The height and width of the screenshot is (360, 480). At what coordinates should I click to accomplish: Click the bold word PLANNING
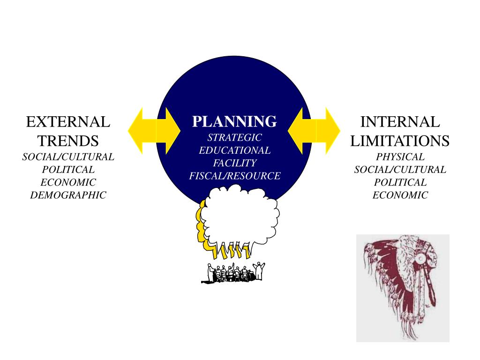(234, 122)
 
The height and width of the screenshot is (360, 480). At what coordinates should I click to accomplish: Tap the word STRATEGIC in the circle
(234, 138)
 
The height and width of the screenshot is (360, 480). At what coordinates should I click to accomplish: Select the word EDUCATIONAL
(234, 150)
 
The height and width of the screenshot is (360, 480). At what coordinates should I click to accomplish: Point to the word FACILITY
(234, 163)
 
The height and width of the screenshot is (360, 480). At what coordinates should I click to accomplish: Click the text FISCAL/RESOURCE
(234, 176)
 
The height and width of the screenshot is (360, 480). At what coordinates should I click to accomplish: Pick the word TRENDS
(68, 141)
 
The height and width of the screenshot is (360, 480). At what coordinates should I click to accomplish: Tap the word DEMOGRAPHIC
(68, 195)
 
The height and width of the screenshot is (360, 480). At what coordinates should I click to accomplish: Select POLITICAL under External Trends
(68, 170)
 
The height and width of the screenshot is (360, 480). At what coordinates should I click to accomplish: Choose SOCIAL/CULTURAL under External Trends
(68, 157)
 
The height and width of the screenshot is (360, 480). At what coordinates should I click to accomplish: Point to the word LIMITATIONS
(400, 141)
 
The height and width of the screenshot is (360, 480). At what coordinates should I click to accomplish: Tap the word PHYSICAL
(400, 157)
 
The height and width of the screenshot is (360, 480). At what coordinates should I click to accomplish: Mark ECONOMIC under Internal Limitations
(400, 195)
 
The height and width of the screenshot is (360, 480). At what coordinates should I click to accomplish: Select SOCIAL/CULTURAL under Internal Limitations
(400, 170)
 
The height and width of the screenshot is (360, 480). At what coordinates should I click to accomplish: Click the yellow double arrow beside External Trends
(154, 130)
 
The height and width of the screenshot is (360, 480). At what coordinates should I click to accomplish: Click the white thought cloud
(241, 216)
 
